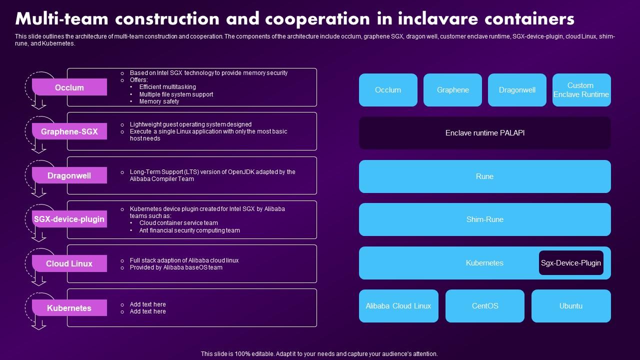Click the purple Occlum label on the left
69,87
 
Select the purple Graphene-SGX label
69,131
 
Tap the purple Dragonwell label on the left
69,175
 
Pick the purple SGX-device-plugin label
69,219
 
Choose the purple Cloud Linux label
69,263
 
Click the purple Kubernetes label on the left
69,308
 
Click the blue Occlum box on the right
388,90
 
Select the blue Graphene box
452,90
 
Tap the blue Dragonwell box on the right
517,90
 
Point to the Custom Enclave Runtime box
581,90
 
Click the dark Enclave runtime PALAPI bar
484,133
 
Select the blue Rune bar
484,176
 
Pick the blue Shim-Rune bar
484,219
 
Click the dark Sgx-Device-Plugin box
571,263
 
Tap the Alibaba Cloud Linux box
398,306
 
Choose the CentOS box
485,306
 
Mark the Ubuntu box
571,306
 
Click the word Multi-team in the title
61,18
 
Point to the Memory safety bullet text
159,101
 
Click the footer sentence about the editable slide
319,353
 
